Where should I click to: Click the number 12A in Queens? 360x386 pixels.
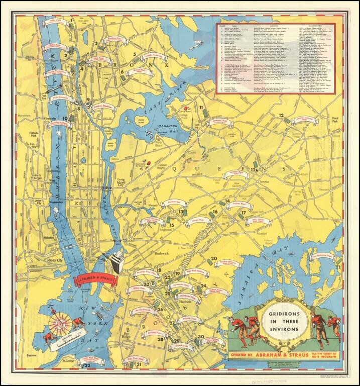pyautogui.click(x=255, y=170)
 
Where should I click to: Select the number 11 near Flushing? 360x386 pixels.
pyautogui.click(x=201, y=108)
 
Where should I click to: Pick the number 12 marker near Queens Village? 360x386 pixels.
pyautogui.click(x=281, y=116)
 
